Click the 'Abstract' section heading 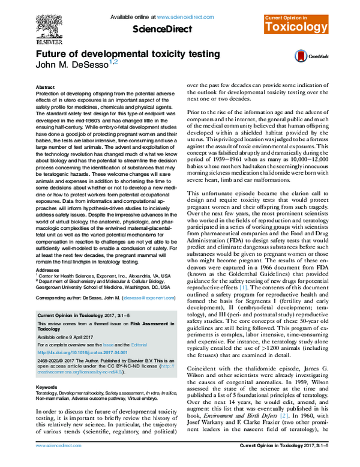point(46,87)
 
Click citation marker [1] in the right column point(244,288)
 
